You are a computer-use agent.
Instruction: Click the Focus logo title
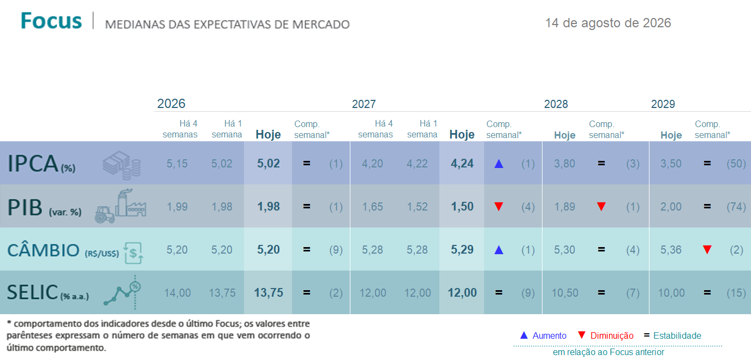[x=51, y=21]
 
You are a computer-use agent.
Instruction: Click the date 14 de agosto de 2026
[x=608, y=23]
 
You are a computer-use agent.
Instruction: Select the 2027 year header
[x=363, y=104]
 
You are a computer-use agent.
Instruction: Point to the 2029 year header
[x=663, y=104]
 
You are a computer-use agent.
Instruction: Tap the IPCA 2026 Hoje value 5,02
[x=268, y=163]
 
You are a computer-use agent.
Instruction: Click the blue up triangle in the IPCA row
[x=499, y=164]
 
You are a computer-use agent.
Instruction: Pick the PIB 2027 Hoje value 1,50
[x=462, y=207]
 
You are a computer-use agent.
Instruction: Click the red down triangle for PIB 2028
[x=601, y=207]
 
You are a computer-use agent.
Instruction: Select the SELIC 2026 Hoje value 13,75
[x=268, y=292]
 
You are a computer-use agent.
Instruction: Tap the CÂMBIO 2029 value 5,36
[x=671, y=250]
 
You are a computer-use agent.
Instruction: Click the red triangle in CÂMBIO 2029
[x=707, y=250]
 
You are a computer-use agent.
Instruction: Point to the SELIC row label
[x=48, y=292]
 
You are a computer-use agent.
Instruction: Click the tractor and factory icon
[x=121, y=206]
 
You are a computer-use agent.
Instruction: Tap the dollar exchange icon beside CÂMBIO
[x=133, y=253]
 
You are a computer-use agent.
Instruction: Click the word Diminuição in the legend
[x=612, y=335]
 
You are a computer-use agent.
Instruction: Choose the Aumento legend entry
[x=543, y=335]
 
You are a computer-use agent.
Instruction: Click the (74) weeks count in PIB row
[x=736, y=207]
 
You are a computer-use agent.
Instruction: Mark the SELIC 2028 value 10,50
[x=565, y=293]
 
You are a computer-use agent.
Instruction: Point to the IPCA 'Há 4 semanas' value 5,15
[x=177, y=164]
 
